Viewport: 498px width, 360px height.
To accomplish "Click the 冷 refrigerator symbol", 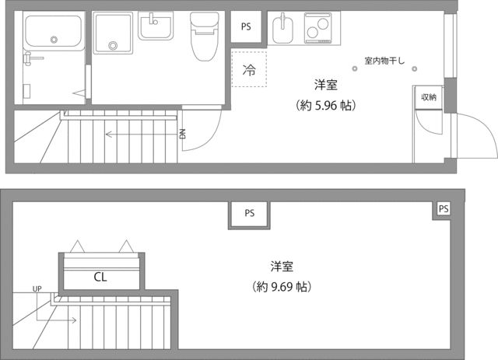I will coord(248,69).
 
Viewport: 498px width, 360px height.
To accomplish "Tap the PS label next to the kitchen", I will coord(247,26).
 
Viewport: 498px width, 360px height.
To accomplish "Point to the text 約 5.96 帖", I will coord(325,103).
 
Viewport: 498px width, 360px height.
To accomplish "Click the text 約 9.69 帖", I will coord(282,287).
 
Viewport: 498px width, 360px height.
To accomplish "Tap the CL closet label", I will coord(100,276).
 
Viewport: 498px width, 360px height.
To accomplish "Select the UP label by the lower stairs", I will coord(37,289).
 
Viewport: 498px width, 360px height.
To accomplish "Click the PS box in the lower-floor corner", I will coord(443,209).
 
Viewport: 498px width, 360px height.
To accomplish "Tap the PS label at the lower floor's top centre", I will coord(249,213).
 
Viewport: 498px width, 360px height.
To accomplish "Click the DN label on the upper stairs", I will coord(182,134).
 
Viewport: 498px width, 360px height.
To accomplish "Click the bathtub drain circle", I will coord(54,39).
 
